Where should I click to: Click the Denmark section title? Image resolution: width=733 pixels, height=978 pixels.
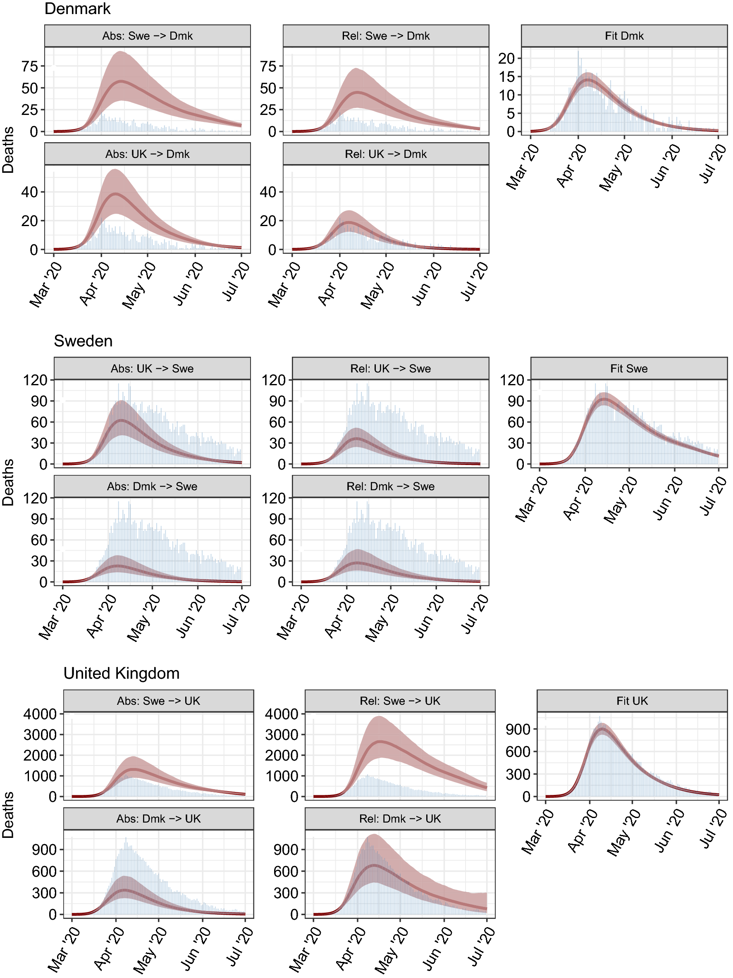point(77,9)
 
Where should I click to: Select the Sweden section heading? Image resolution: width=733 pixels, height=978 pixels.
point(83,341)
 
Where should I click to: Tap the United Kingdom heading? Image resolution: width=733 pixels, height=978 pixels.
point(122,673)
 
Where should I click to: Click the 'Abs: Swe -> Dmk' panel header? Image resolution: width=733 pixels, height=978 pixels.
point(147,36)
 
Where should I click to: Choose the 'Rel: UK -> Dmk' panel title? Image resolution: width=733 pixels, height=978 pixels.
point(385,154)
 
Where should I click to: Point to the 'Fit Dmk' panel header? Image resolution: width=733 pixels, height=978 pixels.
point(624,36)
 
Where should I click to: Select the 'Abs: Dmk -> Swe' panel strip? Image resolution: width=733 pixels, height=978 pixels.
point(152,487)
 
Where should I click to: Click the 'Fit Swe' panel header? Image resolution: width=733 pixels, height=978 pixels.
point(629,368)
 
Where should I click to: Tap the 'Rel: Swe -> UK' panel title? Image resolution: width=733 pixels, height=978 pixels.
point(400,701)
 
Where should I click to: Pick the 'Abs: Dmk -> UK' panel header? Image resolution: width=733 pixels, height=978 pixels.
point(158,819)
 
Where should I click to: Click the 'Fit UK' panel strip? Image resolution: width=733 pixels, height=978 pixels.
point(632,701)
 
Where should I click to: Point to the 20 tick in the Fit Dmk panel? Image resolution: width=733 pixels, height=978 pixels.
point(506,58)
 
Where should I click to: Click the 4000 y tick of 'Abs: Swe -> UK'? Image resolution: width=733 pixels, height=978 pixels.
point(40,713)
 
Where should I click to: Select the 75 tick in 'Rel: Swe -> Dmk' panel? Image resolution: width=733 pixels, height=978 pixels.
point(268,66)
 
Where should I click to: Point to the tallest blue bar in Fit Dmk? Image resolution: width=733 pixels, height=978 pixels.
point(578,51)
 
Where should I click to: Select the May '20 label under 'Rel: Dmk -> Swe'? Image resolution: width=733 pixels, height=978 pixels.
point(381,617)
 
